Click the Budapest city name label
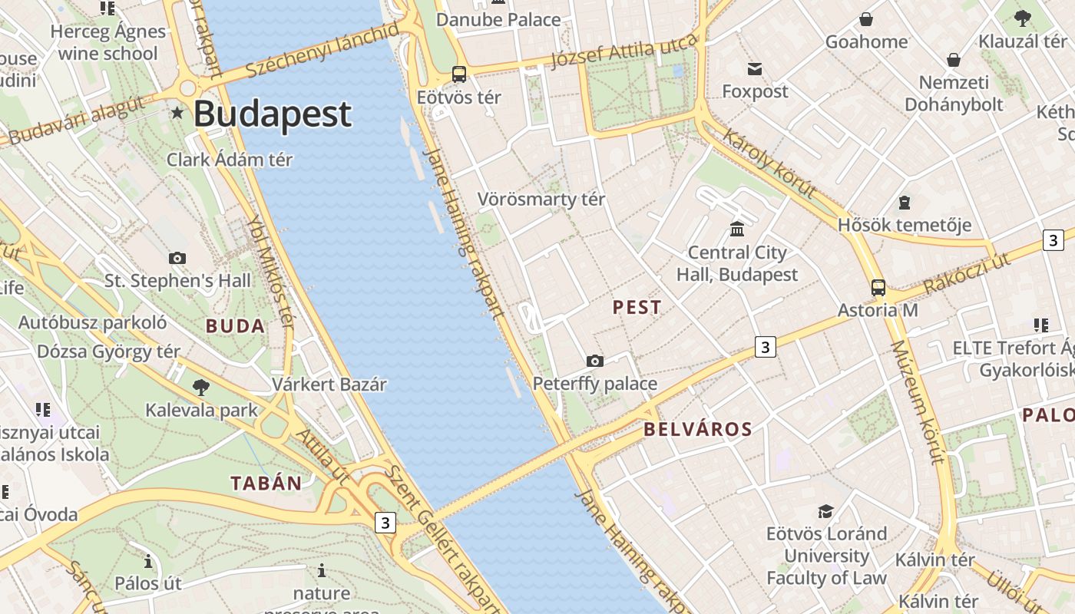click(x=272, y=114)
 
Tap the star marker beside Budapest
click(x=177, y=113)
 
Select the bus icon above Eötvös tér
click(x=459, y=74)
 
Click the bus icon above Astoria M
click(x=878, y=288)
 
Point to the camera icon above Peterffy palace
click(x=594, y=361)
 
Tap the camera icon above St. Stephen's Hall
click(x=177, y=258)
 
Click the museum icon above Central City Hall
click(x=737, y=229)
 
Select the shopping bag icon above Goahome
click(x=866, y=19)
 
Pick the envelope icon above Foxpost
click(x=755, y=69)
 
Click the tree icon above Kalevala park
click(x=201, y=387)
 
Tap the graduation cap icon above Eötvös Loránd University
click(x=825, y=511)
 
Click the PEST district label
click(x=637, y=307)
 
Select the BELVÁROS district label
click(x=697, y=429)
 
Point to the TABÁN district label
click(x=266, y=483)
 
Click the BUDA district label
click(x=235, y=326)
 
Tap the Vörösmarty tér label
click(x=541, y=200)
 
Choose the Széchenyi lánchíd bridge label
click(x=322, y=50)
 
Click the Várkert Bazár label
click(x=329, y=384)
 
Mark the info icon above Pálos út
click(x=148, y=563)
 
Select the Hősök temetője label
click(x=904, y=225)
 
